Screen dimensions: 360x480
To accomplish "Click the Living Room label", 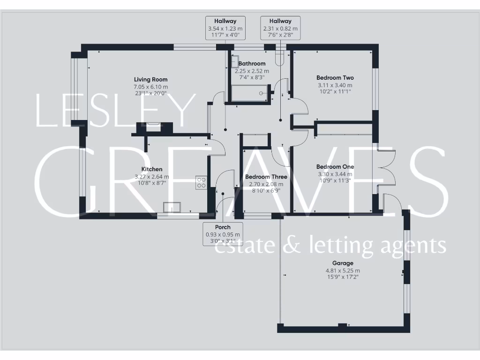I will (x=150, y=80).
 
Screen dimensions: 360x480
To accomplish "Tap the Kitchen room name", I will (x=152, y=169).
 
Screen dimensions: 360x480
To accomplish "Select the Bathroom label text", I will (x=252, y=64).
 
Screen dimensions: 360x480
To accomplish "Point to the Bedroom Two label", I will (x=335, y=78).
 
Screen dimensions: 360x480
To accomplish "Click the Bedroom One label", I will (x=335, y=167).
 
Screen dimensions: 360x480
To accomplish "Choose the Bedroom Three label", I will (x=264, y=177).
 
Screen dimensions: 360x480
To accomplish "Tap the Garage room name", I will (x=343, y=263).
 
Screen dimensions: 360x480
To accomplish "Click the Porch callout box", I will (x=223, y=234).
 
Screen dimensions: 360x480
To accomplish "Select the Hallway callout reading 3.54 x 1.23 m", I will (x=225, y=28).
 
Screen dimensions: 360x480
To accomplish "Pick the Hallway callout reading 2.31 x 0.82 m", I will (x=280, y=28).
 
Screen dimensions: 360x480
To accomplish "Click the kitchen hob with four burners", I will (x=201, y=182).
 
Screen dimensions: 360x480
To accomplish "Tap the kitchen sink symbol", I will (x=172, y=207).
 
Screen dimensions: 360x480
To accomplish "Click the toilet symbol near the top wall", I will (x=280, y=58).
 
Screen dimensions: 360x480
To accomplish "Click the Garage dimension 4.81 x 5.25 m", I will (x=343, y=270).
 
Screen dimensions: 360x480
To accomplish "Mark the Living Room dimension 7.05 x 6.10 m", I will (x=150, y=87).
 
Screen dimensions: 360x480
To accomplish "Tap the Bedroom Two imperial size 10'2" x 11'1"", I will (x=335, y=91).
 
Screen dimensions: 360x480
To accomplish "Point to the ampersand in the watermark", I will (x=293, y=246).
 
